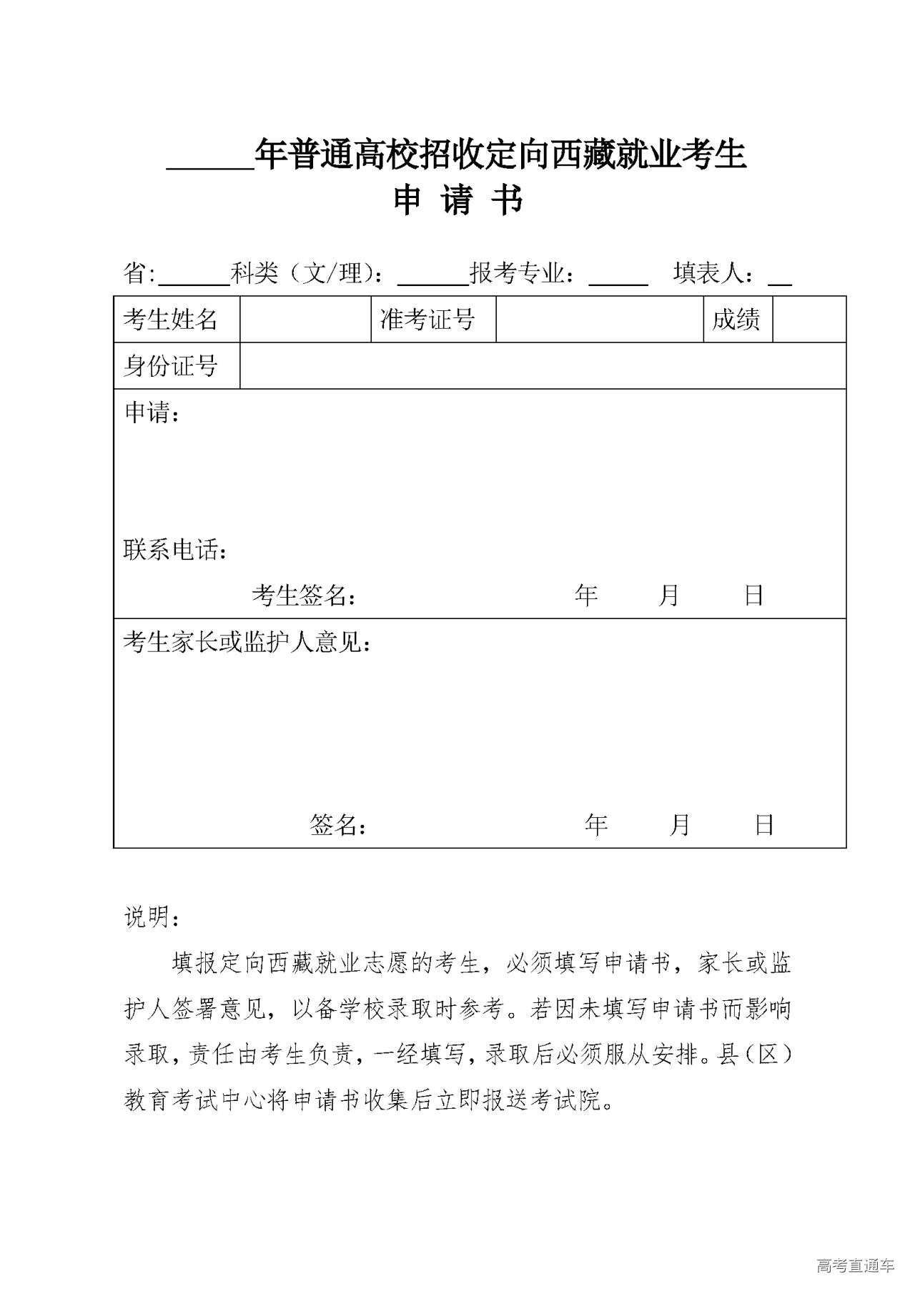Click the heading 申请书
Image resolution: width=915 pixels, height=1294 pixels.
(458, 201)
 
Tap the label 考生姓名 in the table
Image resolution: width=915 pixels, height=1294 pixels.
(170, 320)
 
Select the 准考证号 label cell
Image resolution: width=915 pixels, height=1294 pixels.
(427, 320)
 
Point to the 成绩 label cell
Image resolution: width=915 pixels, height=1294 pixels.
(736, 320)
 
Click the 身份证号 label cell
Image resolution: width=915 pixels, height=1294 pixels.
(170, 366)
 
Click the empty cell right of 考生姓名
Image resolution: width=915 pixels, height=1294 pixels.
(305, 320)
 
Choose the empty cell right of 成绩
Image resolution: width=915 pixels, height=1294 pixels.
(809, 320)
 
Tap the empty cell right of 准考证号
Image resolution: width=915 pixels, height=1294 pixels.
(599, 320)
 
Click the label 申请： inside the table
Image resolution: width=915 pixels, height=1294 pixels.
(152, 413)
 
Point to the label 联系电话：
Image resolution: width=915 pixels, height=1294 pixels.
(176, 550)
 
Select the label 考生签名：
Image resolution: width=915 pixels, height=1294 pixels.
(304, 595)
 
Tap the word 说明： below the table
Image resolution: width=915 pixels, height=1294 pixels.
(152, 917)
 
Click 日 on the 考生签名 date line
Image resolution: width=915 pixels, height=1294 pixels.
(753, 595)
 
